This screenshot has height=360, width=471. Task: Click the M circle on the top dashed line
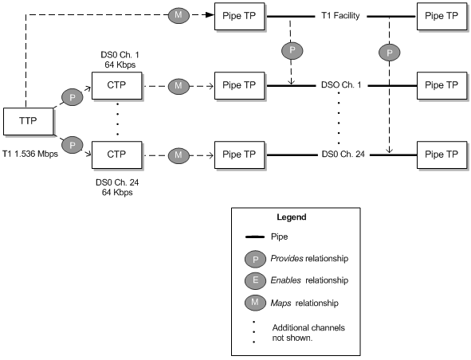(x=177, y=14)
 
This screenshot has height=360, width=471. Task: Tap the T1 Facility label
(x=342, y=15)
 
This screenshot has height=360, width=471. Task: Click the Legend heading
(x=291, y=217)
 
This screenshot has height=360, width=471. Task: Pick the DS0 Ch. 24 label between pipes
(x=343, y=153)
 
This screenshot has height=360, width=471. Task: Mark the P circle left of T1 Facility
(x=292, y=49)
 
